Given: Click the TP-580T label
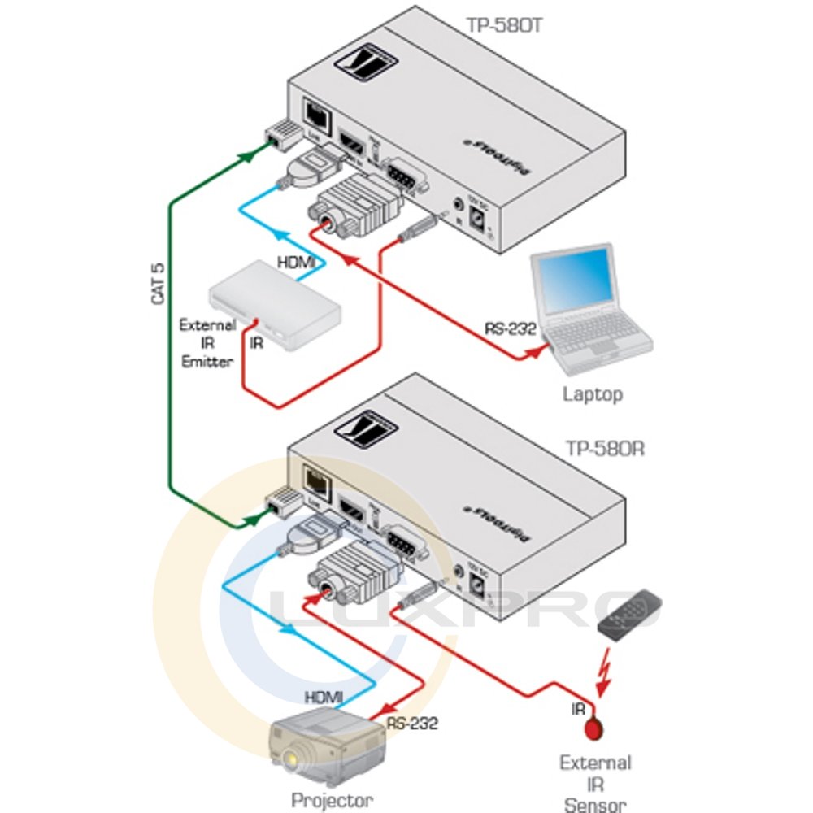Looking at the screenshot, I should tap(503, 25).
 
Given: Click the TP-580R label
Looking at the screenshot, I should tap(603, 448).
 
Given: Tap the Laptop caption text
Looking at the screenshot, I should tap(593, 395).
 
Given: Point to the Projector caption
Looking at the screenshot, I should tap(333, 799).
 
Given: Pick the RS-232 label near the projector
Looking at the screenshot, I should tap(412, 723).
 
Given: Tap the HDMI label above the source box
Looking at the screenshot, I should tap(298, 263).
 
